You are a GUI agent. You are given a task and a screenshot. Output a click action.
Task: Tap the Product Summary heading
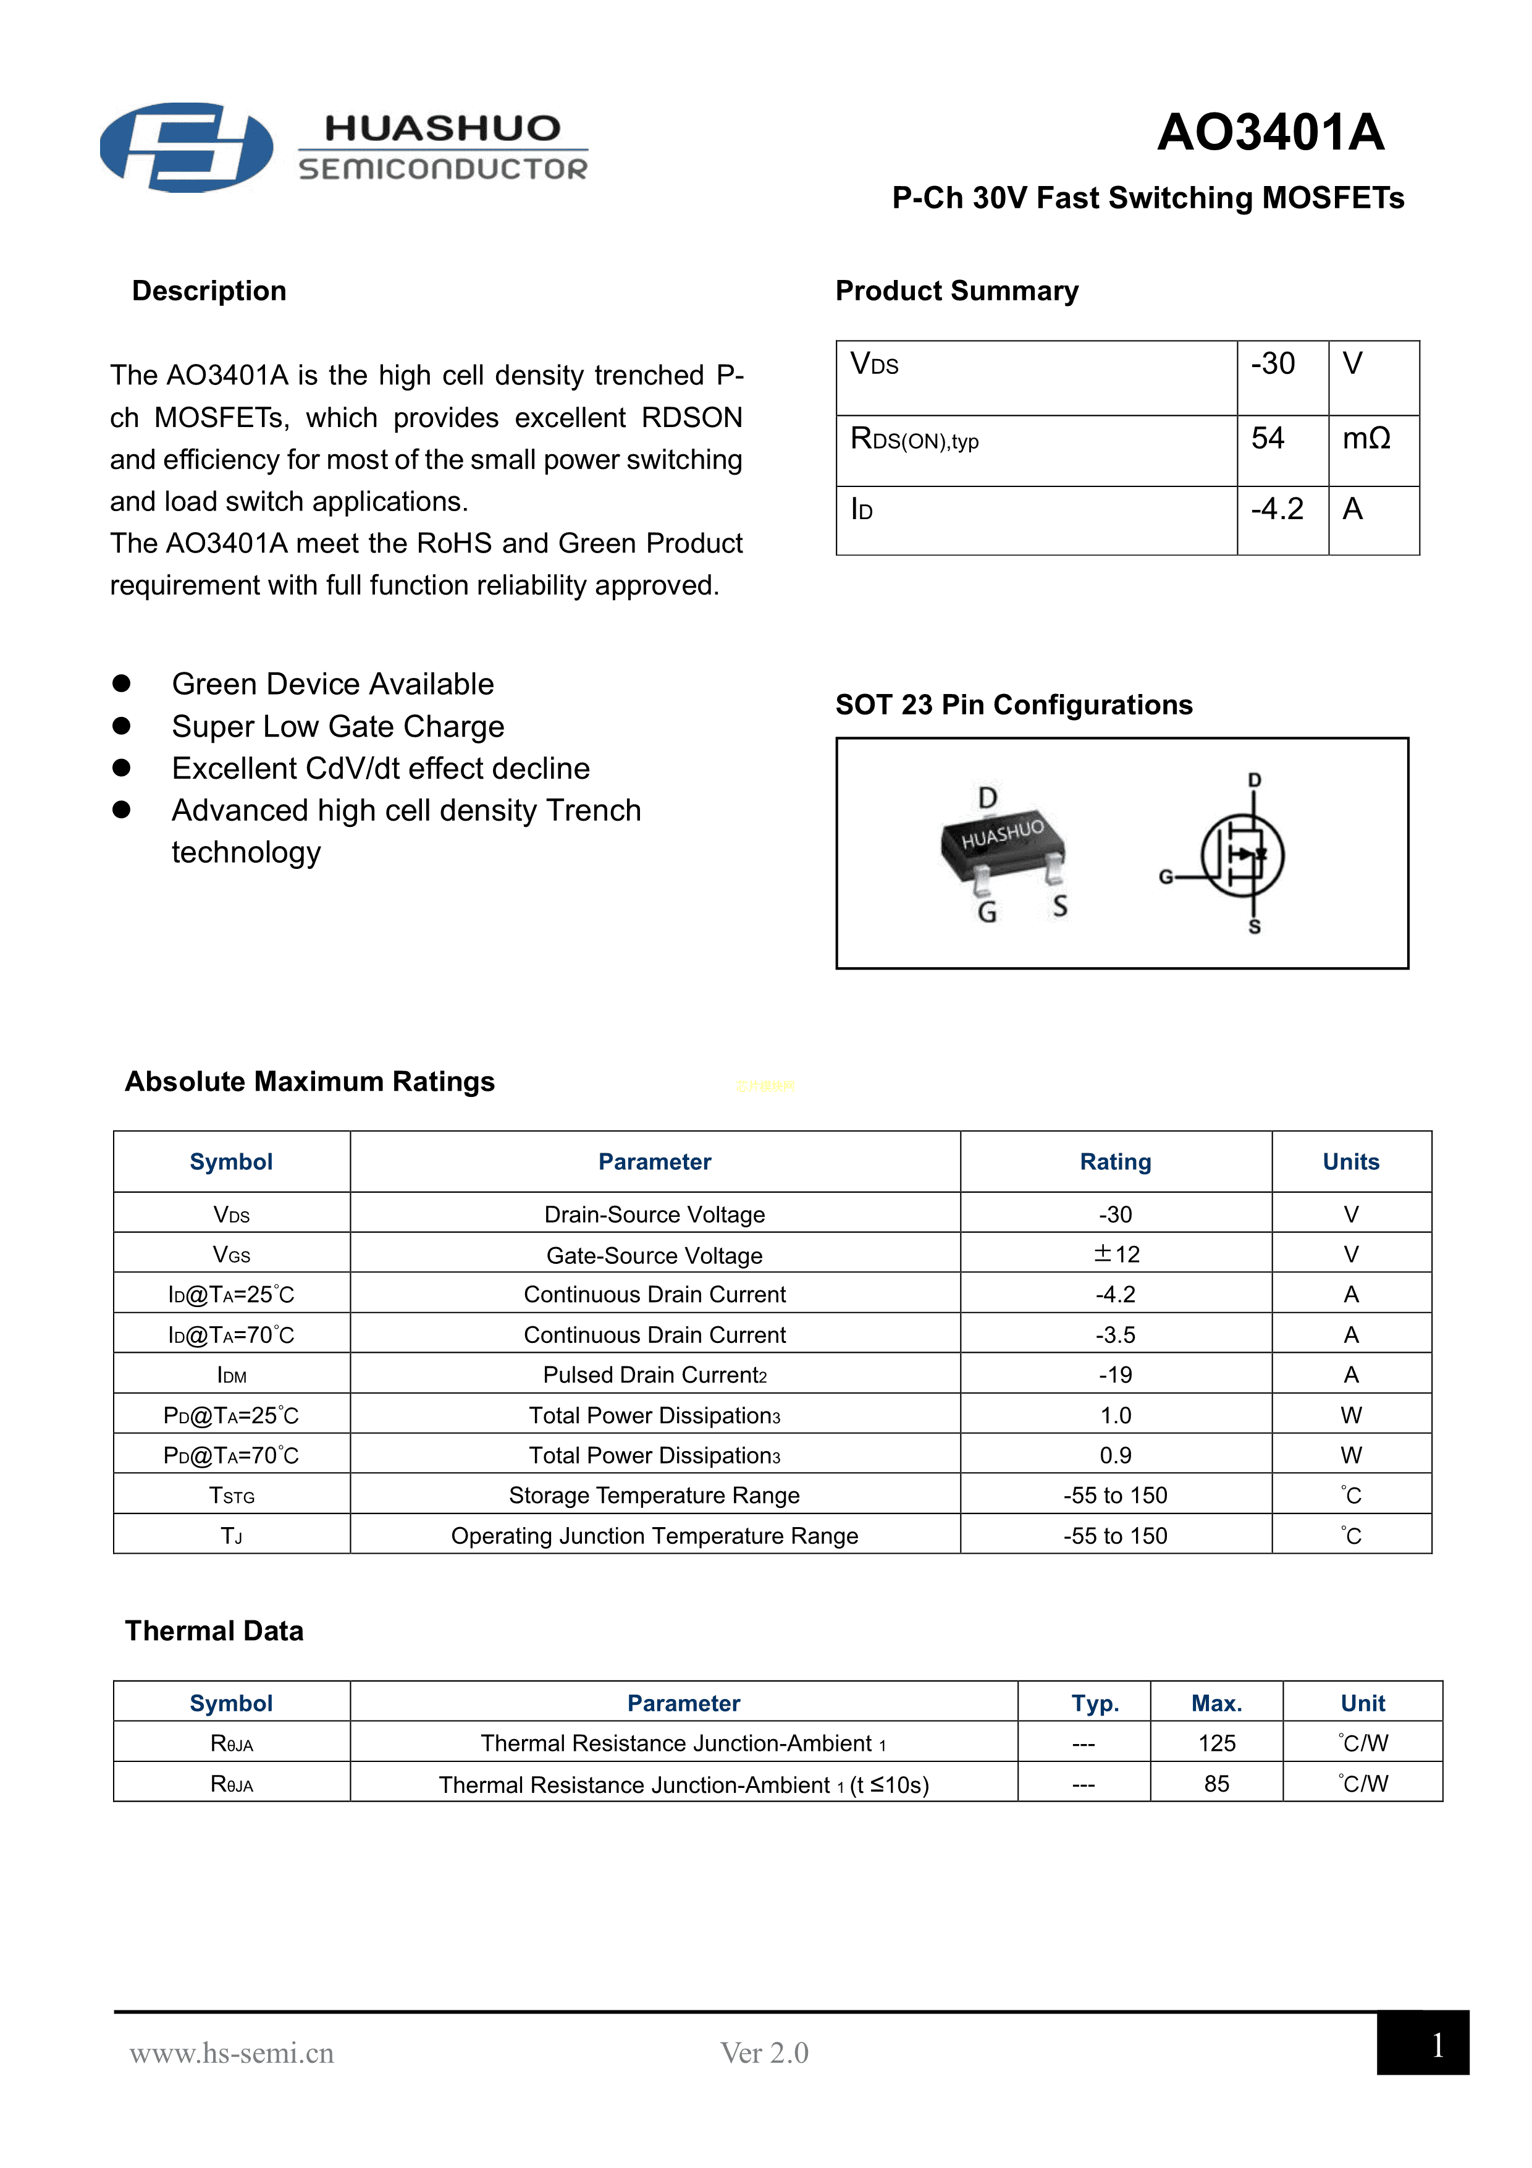956,291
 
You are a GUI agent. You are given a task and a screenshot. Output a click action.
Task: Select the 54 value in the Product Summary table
1268,438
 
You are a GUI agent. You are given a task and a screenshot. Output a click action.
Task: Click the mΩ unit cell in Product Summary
1366,438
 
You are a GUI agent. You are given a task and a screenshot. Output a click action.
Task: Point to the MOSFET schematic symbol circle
1242,855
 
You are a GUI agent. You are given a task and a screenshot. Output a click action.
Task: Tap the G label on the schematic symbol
1166,877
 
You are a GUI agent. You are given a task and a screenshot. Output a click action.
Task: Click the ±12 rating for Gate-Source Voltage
1116,1254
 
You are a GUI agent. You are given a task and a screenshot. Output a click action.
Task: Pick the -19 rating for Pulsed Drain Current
1115,1375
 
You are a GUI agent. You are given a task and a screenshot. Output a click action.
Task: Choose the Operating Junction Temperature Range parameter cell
654,1536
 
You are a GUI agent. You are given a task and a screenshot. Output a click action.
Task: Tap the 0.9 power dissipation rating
1115,1455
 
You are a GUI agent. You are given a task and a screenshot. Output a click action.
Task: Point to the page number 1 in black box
1436,2045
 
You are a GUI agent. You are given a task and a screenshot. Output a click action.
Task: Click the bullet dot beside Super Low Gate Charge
122,725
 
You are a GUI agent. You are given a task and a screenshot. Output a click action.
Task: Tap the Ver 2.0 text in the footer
764,2053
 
